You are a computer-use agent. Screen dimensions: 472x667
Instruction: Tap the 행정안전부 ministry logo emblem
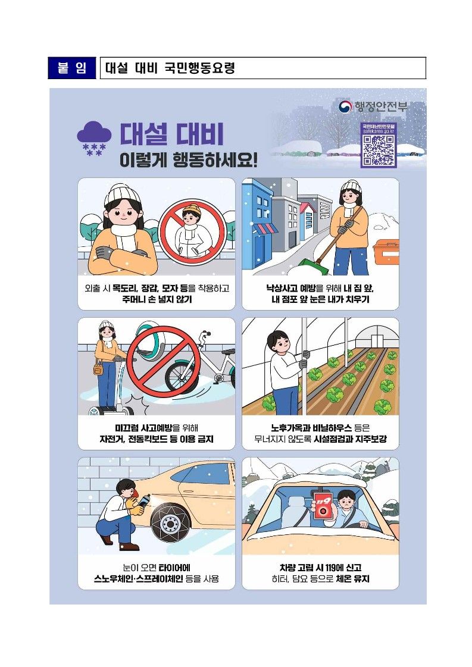(345, 107)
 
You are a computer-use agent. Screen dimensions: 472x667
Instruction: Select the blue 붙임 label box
(72, 68)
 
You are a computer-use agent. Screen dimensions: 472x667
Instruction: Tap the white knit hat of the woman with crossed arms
(122, 195)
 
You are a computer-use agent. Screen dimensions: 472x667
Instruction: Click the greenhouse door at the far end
(376, 341)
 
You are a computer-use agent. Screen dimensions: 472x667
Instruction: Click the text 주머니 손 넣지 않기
(157, 299)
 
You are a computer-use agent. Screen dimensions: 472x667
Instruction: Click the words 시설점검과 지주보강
(350, 439)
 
